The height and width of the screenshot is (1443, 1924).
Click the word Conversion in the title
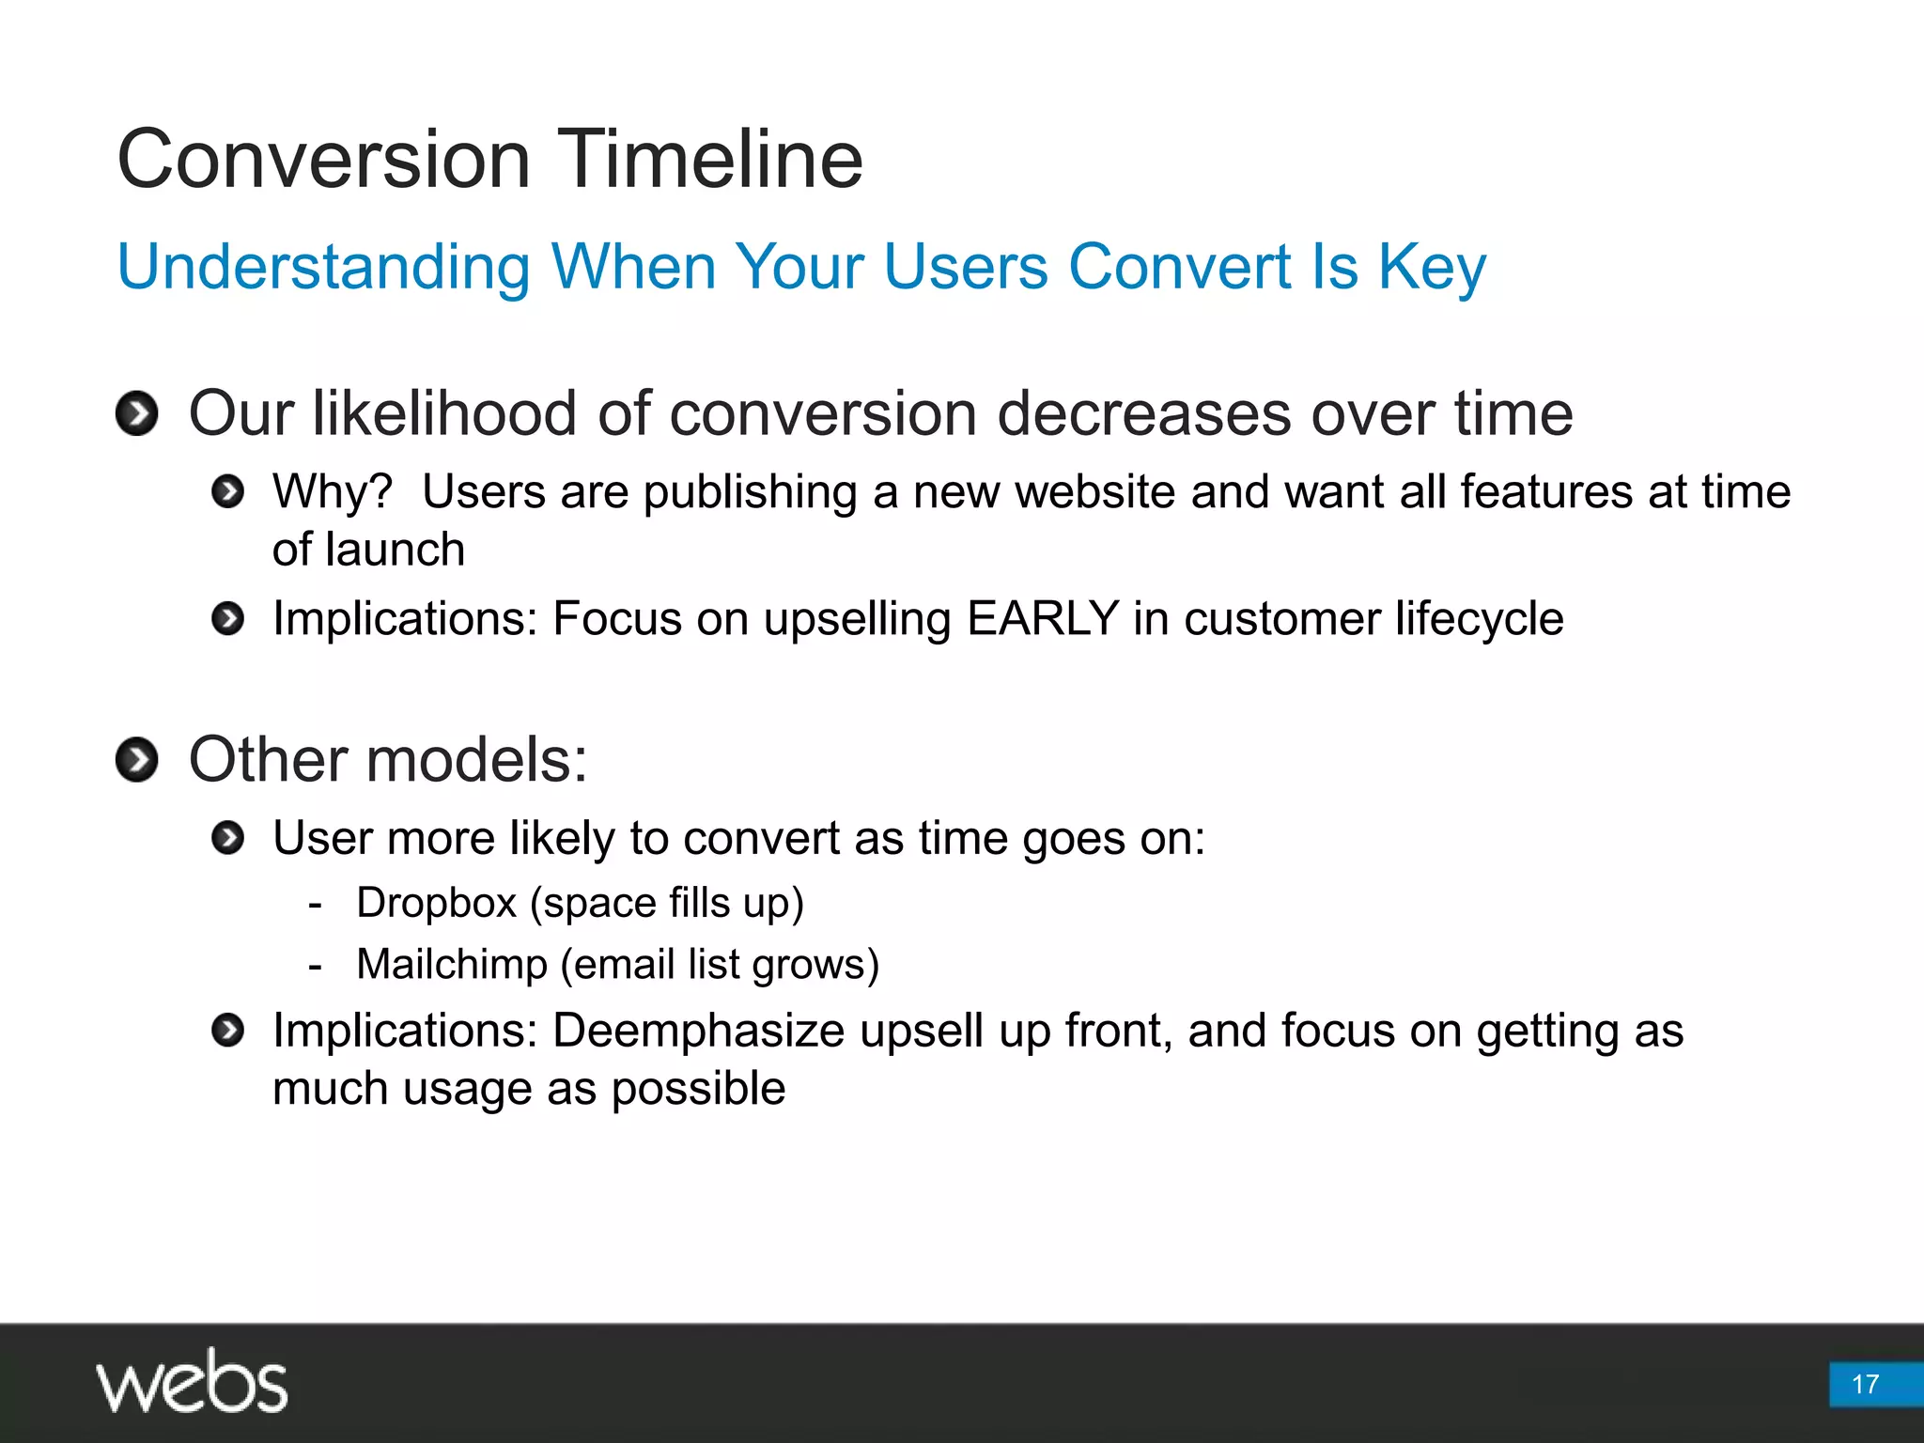[x=323, y=160]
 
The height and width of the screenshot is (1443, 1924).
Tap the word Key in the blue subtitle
[x=1432, y=268]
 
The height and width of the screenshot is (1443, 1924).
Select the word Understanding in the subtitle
[x=323, y=268]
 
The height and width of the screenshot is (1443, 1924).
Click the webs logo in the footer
[x=192, y=1382]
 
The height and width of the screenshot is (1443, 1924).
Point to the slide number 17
[x=1865, y=1384]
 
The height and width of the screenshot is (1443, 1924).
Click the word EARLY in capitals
[x=1042, y=619]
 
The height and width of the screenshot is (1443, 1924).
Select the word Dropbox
[x=436, y=903]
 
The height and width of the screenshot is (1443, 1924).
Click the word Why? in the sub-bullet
[x=332, y=491]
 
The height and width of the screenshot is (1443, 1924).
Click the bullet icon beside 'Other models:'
[x=137, y=759]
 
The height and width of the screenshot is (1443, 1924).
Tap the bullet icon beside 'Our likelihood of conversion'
[x=137, y=413]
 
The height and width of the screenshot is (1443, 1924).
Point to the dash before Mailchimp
[x=316, y=966]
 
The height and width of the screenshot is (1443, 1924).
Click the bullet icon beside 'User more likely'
[x=227, y=838]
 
